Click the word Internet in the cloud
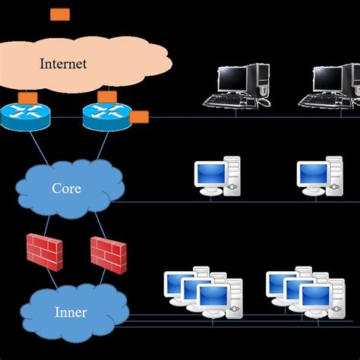pos(63,64)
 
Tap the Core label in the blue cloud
pos(66,188)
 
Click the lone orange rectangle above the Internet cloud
pos(59,14)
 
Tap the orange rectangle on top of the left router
pos(28,98)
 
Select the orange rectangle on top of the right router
pos(107,96)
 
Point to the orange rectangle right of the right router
pos(139,117)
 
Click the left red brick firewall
pos(44,250)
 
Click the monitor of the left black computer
pos(233,79)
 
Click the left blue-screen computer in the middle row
pos(216,177)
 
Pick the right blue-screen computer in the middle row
pos(319,177)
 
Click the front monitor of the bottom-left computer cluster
pos(213,297)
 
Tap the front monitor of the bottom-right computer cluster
pos(316,297)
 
